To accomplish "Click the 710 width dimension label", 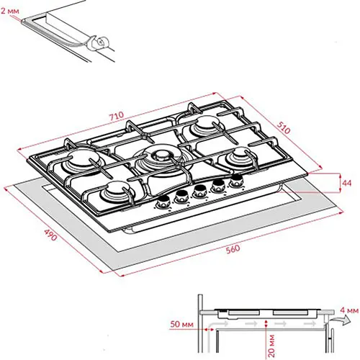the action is pos(117,116).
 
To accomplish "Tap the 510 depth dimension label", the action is pos(284,127).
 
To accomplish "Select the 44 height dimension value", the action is pos(347,183).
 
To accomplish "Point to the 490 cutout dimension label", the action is pos(50,235).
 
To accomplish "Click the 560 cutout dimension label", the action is pos(233,249).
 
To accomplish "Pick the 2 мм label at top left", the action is pos(9,11).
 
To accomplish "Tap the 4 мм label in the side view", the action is pos(349,310).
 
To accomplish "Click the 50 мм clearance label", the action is pos(181,324).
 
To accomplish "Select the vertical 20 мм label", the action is pos(271,346).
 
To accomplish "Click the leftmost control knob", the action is pos(163,201).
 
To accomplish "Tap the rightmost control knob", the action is pos(236,181).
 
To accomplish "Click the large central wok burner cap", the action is pos(161,156).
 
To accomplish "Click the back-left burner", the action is pos(82,161).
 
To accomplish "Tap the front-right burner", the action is pos(240,157).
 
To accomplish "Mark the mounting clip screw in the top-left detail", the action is pos(102,42).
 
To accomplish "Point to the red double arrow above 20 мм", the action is pos(266,323).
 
